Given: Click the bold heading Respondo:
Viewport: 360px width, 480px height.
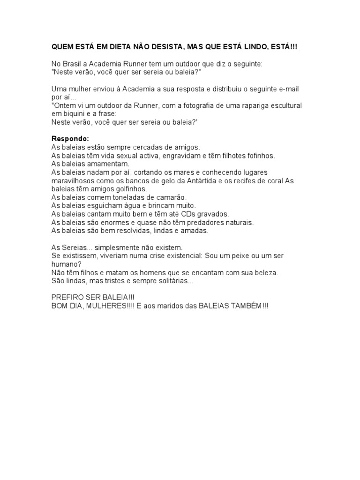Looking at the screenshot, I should pyautogui.click(x=69, y=139).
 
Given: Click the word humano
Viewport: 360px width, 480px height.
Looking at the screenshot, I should pyautogui.click(x=64, y=264).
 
